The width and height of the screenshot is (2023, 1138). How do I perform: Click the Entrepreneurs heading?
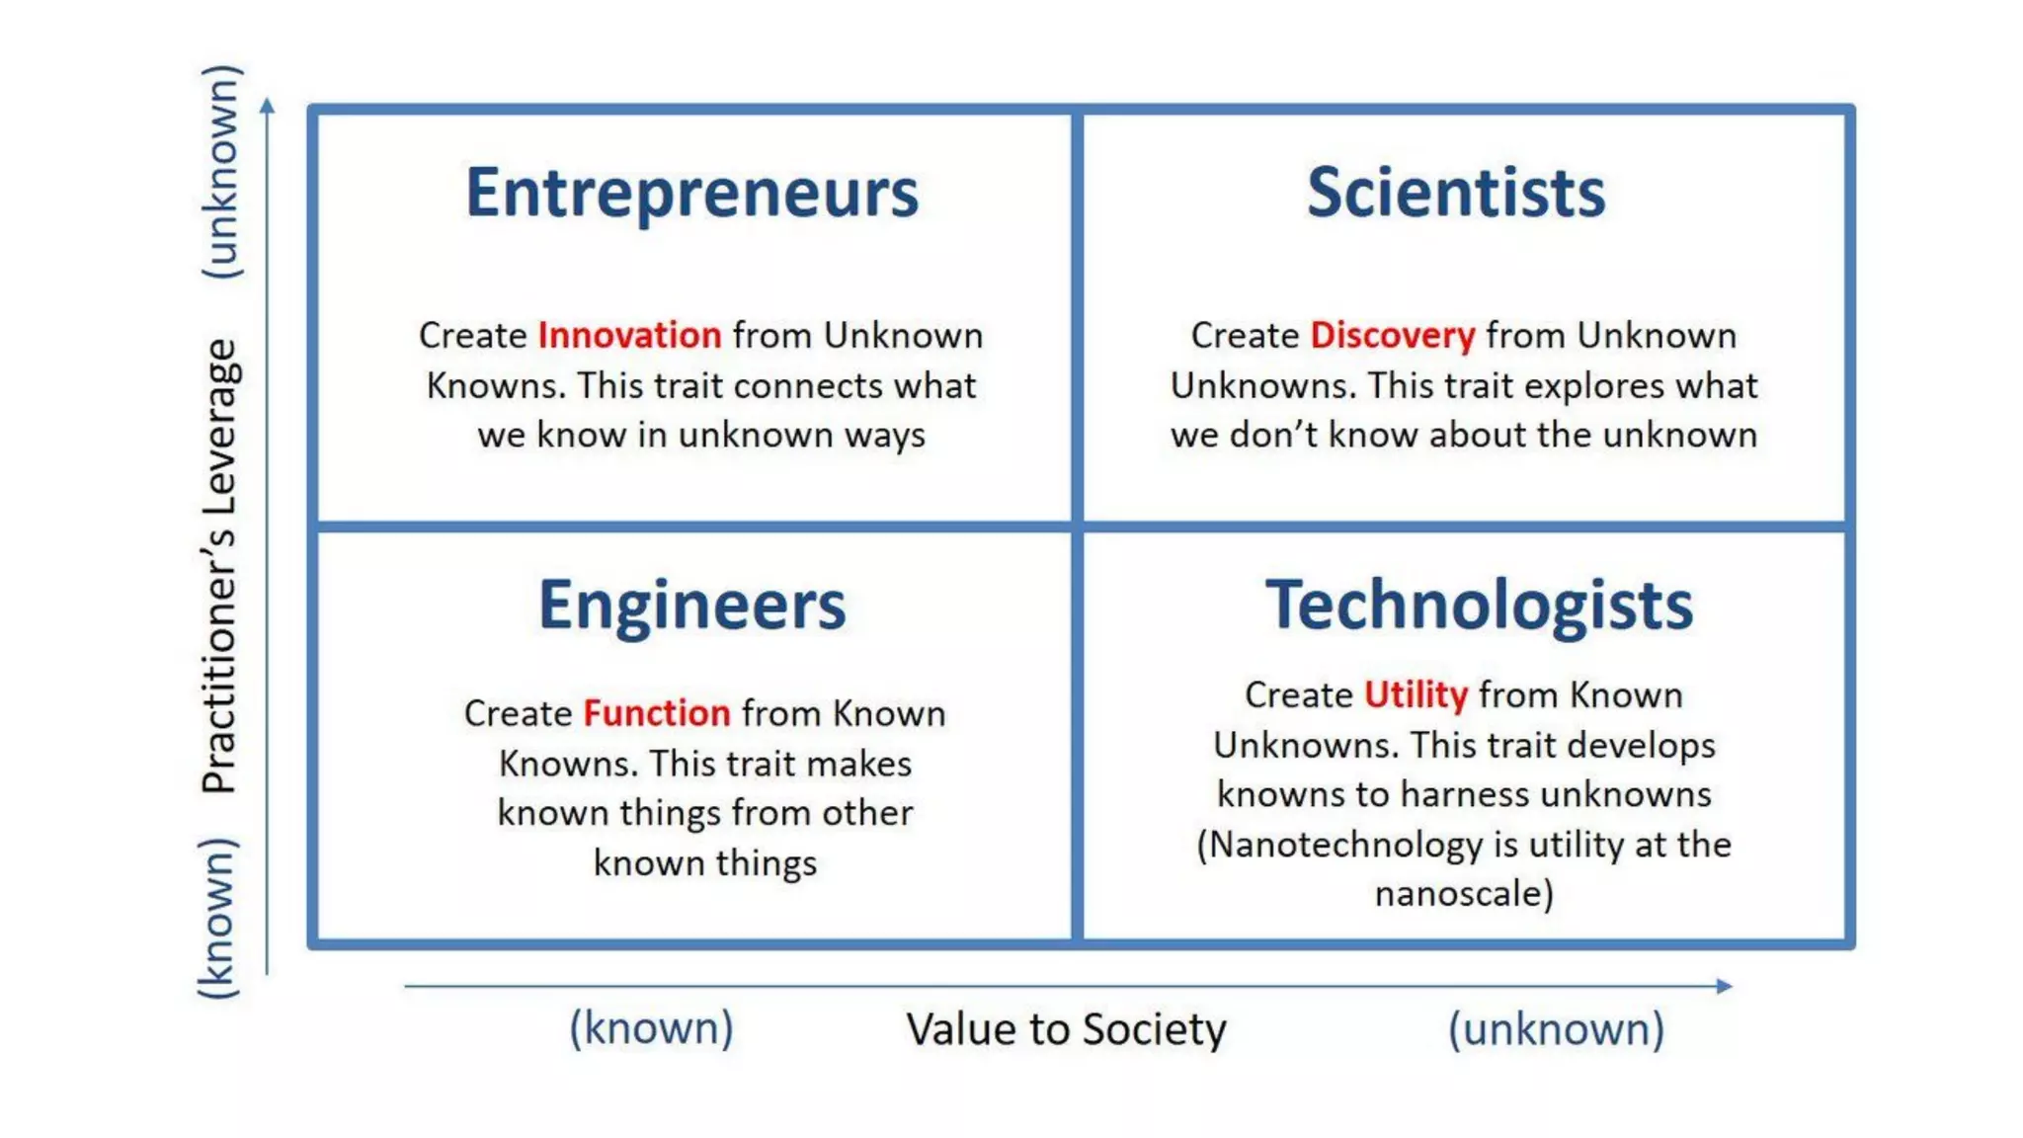[x=691, y=194]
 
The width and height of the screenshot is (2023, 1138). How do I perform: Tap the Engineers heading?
[x=691, y=605]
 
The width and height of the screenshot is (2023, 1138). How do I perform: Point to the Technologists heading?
[x=1479, y=605]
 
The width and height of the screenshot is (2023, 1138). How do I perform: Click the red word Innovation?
[x=629, y=336]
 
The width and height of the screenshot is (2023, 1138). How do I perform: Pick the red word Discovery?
[x=1392, y=336]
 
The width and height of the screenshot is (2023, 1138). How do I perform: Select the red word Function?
[x=656, y=713]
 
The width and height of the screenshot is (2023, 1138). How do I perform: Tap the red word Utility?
[x=1416, y=695]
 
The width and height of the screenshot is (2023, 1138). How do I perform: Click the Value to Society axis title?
[x=1066, y=1029]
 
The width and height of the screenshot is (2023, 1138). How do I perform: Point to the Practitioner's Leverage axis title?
[x=219, y=565]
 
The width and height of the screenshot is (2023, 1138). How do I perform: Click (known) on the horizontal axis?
[x=651, y=1029]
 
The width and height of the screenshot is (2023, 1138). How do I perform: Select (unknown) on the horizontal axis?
[x=1556, y=1029]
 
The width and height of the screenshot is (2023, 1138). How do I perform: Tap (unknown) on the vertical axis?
[x=219, y=172]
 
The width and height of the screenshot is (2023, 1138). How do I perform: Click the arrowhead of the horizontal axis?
[x=1725, y=986]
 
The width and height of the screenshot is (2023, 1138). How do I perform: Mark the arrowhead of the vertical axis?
[x=267, y=105]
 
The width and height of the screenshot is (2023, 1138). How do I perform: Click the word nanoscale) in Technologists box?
[x=1464, y=894]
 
